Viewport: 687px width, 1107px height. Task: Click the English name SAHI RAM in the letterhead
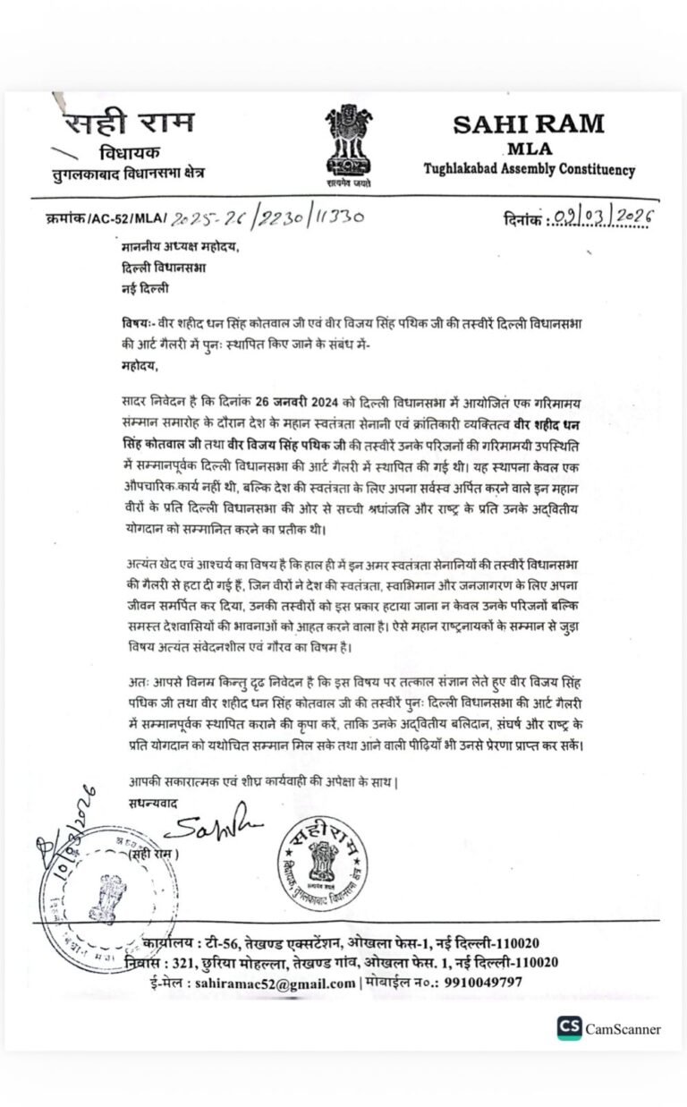pos(529,123)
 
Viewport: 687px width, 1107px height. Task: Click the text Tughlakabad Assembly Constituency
pos(529,169)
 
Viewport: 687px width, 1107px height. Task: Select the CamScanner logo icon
pos(569,1028)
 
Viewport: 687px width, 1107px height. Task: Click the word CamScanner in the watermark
pos(623,1029)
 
